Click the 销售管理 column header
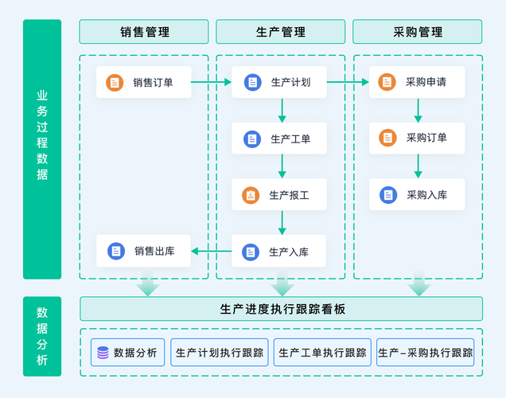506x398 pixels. click(144, 32)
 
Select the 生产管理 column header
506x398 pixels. click(281, 32)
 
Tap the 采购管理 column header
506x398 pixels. click(418, 32)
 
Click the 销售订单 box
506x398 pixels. click(144, 82)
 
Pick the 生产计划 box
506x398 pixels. click(279, 82)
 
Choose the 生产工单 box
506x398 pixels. click(279, 139)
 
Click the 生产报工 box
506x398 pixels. click(279, 195)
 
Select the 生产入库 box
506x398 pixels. click(279, 252)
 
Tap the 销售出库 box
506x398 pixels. click(144, 252)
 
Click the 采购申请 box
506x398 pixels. click(416, 82)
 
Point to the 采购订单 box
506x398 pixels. click(416, 138)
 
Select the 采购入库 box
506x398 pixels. click(416, 194)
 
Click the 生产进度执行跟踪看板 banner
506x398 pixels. click(281, 309)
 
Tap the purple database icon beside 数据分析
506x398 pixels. click(103, 353)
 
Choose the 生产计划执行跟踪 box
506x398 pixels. click(220, 353)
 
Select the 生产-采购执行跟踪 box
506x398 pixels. click(425, 353)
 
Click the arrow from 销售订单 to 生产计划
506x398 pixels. click(212, 82)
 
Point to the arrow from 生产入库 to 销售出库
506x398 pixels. click(212, 252)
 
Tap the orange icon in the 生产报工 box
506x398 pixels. click(251, 195)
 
